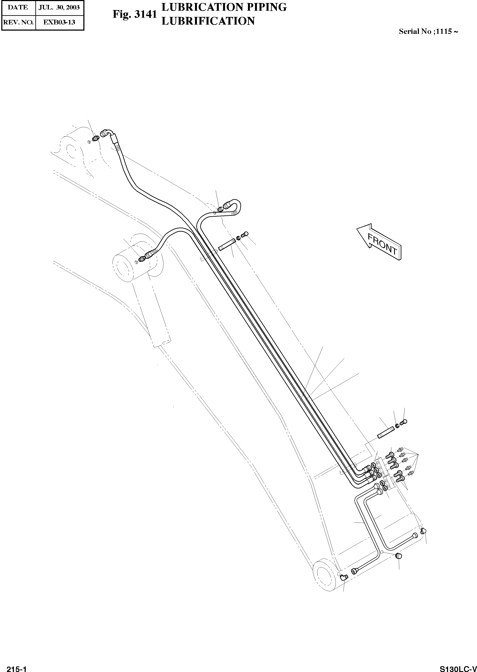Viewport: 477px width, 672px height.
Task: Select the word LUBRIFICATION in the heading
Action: [x=208, y=21]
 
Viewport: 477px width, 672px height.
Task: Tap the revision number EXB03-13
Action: [x=59, y=22]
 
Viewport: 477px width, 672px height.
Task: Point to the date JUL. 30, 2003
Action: [x=59, y=7]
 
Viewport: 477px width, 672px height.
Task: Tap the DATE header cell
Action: [x=18, y=7]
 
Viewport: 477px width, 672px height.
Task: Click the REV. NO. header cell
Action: [x=18, y=22]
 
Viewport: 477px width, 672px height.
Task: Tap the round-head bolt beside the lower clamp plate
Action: [x=404, y=422]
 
